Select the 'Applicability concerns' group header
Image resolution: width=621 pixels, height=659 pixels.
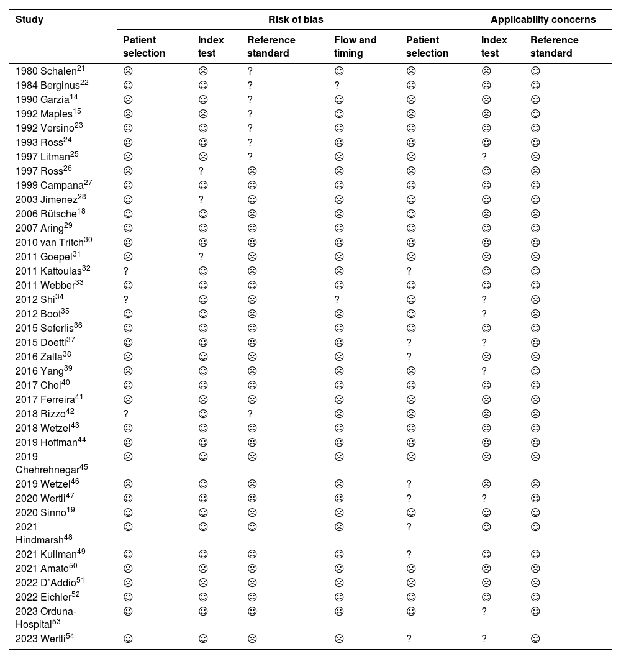coord(543,19)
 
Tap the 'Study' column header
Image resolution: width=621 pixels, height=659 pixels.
coord(29,19)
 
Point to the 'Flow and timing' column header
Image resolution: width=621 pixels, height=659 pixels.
coord(355,47)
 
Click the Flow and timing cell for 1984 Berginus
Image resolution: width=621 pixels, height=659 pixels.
coord(337,85)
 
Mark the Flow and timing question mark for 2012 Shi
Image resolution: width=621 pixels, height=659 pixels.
coord(337,299)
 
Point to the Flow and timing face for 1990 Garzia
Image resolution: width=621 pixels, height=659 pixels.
coord(338,99)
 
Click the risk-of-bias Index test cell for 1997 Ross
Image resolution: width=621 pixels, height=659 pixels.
coord(201,171)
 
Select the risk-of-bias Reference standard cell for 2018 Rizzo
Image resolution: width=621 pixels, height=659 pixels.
coord(250,414)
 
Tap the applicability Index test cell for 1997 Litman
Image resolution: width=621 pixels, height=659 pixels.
coord(484,157)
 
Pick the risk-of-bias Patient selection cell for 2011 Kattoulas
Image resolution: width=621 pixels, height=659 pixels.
coord(125,271)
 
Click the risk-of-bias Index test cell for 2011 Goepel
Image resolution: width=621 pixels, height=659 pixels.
coord(201,257)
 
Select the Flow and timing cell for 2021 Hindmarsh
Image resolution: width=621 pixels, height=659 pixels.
coord(339,527)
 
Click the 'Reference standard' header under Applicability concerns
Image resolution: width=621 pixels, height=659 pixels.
coord(554,47)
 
